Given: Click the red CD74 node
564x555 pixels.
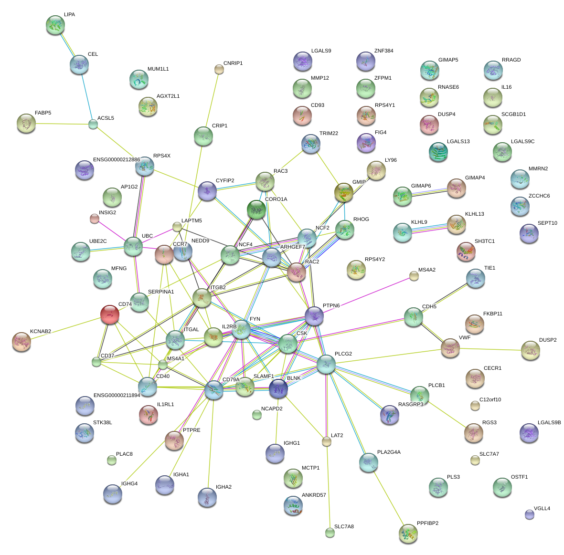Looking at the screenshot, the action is [x=110, y=315].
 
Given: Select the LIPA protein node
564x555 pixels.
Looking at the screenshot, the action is [x=55, y=25].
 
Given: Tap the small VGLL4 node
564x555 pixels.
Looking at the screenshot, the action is [x=529, y=514].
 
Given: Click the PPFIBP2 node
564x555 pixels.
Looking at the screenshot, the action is [x=408, y=534].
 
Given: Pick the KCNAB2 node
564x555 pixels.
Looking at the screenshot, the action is [x=21, y=342].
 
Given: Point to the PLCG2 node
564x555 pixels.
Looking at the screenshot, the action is [x=326, y=364].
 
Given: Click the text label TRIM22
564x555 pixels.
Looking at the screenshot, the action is [x=329, y=134].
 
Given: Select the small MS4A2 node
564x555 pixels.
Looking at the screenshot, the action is [x=414, y=276].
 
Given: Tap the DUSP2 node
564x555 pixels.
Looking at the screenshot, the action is [x=530, y=350].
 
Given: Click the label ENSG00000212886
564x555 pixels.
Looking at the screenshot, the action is [x=117, y=160].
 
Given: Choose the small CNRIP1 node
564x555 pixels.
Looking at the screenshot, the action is [x=219, y=70].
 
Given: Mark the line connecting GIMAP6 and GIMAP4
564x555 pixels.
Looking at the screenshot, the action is [x=429, y=192].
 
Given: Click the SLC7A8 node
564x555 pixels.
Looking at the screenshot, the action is [x=330, y=533].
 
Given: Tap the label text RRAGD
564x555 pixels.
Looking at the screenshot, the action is [x=511, y=60].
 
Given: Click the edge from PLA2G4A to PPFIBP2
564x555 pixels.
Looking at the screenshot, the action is [x=388, y=497].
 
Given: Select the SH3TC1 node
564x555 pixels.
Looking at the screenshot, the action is [x=466, y=251].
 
